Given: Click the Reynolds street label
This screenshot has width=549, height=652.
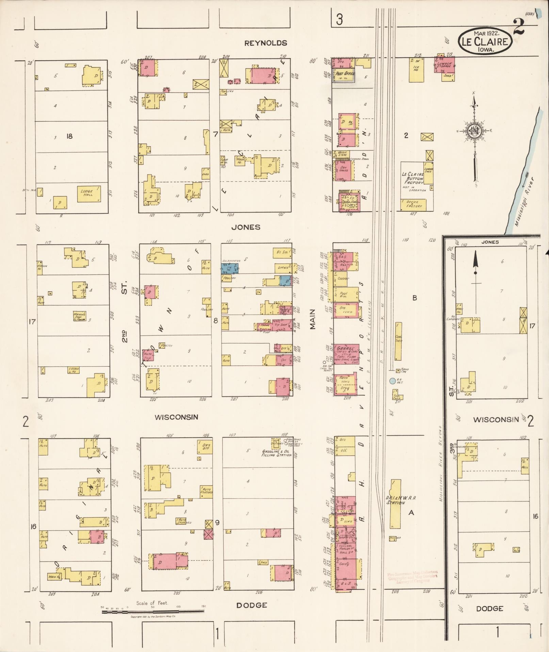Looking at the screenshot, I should tap(265, 43).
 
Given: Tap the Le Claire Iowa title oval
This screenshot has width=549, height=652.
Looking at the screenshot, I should tap(485, 41).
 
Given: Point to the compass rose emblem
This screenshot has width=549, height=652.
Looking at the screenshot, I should tap(474, 132).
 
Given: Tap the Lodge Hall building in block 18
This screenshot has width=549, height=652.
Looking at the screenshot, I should tap(89, 193).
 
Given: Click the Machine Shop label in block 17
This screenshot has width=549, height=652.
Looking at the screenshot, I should tap(79, 316).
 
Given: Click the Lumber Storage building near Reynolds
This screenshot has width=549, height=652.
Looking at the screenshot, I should tap(445, 64).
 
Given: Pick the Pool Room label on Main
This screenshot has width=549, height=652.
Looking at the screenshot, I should tap(343, 295).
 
